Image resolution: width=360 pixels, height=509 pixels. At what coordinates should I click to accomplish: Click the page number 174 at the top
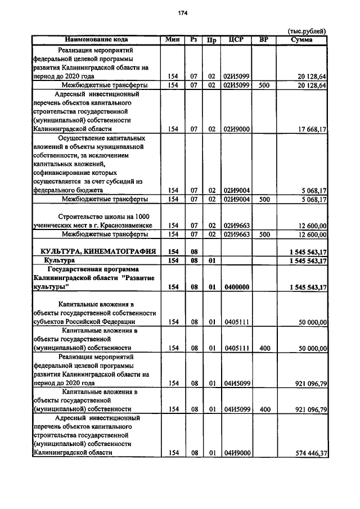[x=182, y=13]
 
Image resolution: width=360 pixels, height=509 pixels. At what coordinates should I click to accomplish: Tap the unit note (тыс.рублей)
[x=307, y=31]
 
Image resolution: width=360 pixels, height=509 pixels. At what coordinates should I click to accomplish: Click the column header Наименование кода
[x=96, y=40]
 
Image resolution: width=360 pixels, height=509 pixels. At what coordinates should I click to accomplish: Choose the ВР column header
[x=263, y=40]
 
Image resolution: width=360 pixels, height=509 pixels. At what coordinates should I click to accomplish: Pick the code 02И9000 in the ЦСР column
[x=237, y=129]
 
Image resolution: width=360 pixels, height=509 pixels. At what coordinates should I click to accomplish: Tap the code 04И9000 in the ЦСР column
[x=237, y=453]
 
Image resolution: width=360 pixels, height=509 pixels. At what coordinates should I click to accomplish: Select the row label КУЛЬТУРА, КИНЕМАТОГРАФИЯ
[x=97, y=251]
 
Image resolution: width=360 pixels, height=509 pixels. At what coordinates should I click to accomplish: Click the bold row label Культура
[x=60, y=261]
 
